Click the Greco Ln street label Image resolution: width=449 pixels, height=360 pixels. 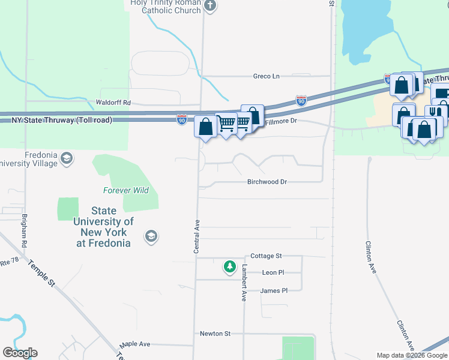(x=266, y=76)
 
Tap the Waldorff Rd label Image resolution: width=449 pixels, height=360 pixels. (x=113, y=103)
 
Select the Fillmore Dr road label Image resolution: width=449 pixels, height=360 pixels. (x=281, y=121)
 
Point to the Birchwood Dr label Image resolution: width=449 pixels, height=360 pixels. (x=267, y=181)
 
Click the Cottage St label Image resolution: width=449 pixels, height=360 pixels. (x=266, y=256)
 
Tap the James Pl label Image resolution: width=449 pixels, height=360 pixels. (x=274, y=290)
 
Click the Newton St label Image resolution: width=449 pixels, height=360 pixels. (x=215, y=333)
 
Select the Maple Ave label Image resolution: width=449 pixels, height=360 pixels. (x=134, y=344)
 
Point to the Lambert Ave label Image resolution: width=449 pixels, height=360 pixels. (x=244, y=283)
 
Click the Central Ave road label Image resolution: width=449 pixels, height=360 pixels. (x=196, y=236)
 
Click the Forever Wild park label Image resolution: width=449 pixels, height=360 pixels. (x=125, y=191)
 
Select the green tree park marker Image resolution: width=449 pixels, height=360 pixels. (x=229, y=266)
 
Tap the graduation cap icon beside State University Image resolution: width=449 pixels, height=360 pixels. (x=149, y=237)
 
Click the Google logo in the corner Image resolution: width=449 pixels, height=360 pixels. (x=20, y=353)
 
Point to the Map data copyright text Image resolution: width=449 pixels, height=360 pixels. (x=412, y=355)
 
